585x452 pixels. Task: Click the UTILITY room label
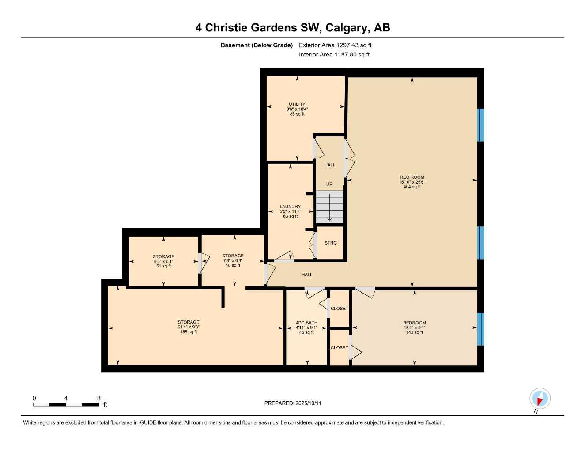tap(297, 105)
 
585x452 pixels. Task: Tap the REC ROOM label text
tap(411, 177)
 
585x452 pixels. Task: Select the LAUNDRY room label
tap(290, 207)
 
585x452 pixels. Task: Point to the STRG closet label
tap(330, 243)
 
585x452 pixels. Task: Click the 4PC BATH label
tap(306, 323)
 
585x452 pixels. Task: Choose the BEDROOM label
tap(414, 323)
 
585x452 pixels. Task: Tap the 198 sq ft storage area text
tap(189, 332)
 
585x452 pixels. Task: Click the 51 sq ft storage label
tap(163, 266)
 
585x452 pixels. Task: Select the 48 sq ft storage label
tap(233, 265)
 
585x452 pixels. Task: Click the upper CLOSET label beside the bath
tap(339, 309)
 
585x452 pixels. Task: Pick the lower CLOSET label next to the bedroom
tap(339, 348)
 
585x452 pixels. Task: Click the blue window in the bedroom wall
tap(481, 329)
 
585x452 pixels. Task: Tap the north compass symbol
tap(540, 399)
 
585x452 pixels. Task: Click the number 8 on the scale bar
tap(98, 398)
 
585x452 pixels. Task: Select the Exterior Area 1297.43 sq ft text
tap(335, 45)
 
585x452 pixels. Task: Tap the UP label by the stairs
tap(329, 184)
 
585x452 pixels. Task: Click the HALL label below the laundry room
tap(307, 275)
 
